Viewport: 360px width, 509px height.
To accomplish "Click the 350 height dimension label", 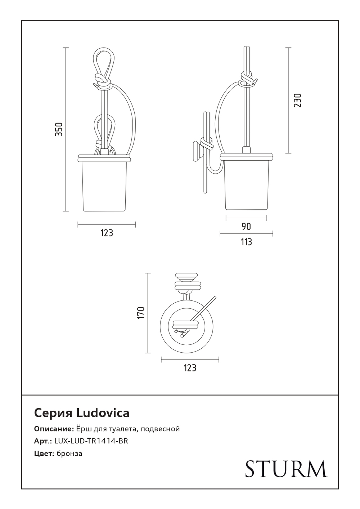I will point(59,129).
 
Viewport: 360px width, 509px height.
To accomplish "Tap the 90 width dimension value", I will point(246,227).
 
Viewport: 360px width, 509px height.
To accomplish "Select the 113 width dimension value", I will point(246,242).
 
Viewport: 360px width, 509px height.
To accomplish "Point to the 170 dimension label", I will point(141,312).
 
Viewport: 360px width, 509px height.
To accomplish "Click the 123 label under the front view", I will point(107,233).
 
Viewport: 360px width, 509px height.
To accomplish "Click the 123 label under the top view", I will point(190,368).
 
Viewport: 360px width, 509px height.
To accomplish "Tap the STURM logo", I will point(286,469).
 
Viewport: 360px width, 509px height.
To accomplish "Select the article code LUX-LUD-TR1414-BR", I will point(91,441).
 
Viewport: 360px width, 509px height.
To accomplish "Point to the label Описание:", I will point(54,429).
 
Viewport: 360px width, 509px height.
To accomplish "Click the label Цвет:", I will point(44,453).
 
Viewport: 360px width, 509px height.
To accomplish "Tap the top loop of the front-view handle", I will point(104,59).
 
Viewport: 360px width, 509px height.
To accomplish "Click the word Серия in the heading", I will point(53,413).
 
